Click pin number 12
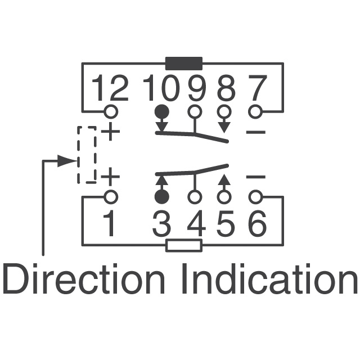point(110,88)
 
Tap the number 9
point(196,88)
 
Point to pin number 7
point(258,88)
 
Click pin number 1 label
point(109,223)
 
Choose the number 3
point(162,223)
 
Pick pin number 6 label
point(258,223)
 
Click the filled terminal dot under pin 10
point(162,112)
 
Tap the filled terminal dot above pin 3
point(162,197)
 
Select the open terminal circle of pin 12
point(111,112)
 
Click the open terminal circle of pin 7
point(255,112)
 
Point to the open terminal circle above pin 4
point(195,197)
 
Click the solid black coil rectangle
point(184,64)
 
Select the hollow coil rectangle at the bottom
point(184,245)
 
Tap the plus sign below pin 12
point(110,132)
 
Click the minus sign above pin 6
point(256,177)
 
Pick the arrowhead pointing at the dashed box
point(66,161)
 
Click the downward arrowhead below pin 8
point(224,128)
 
